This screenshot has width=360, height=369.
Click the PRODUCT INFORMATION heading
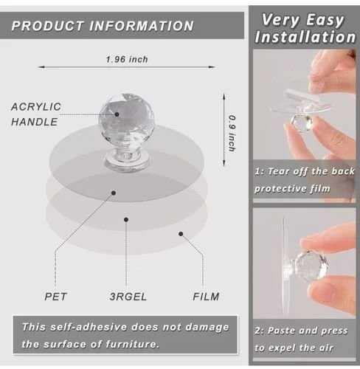103,26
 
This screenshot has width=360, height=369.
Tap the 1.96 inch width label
127,59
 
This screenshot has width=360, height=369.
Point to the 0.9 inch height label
232,133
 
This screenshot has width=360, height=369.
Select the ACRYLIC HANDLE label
36,114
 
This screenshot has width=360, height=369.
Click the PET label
55,297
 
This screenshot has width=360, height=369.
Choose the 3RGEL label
128,297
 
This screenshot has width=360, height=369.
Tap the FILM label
206,297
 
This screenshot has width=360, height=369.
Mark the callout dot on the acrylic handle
117,114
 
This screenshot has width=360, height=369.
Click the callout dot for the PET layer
114,193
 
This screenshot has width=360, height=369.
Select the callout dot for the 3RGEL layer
126,219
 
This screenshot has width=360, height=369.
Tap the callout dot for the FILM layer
181,234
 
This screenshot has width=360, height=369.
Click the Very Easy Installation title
305,28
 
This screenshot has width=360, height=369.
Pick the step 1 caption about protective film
305,180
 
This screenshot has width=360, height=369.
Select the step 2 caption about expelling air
301,339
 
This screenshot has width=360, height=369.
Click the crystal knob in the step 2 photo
311,265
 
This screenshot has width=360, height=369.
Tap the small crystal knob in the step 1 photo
302,123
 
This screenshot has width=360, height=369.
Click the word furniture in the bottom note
132,344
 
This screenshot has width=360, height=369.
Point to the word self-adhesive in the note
89,327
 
